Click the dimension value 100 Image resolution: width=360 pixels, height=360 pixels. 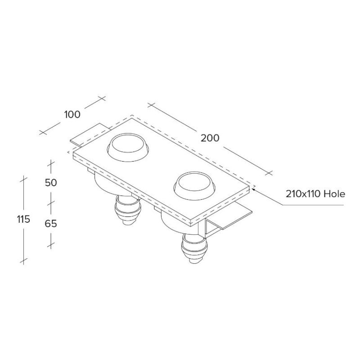point(72,114)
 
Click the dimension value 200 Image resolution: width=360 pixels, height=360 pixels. point(210,138)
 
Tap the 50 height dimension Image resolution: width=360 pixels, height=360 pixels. point(51,183)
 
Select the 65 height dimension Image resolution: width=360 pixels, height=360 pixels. point(51,223)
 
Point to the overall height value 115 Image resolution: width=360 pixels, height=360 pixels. point(23,220)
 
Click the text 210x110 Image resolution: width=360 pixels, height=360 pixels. point(303,194)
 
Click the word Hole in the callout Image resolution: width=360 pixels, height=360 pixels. point(334,194)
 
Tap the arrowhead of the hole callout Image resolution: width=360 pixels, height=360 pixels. point(253,189)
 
